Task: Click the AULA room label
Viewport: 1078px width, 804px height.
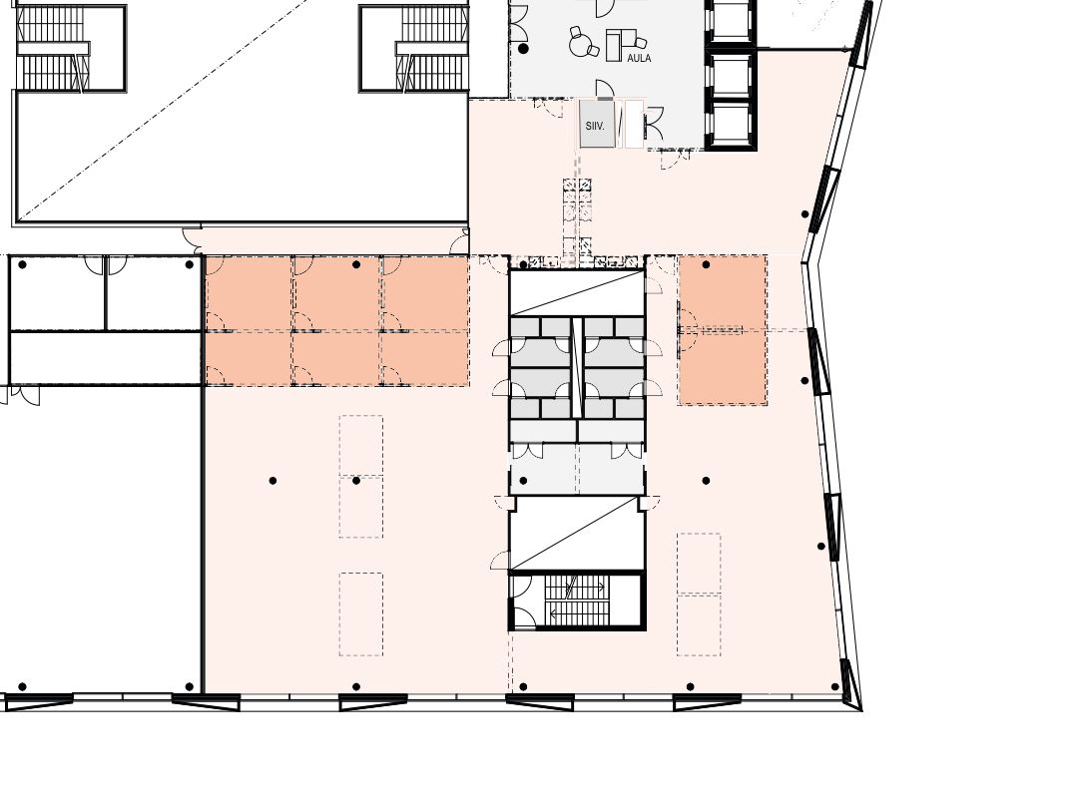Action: point(639,59)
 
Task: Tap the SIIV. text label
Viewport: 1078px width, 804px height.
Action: point(595,127)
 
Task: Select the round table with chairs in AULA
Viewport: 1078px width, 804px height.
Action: point(584,43)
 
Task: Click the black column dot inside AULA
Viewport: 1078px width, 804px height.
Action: point(524,49)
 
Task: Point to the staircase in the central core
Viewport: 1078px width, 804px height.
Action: point(577,600)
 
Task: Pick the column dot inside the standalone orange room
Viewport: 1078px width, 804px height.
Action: point(706,264)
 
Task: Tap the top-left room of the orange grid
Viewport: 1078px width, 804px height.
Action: point(249,293)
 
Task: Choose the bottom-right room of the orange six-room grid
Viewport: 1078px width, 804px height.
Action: point(425,358)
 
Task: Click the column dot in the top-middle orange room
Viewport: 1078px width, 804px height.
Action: point(356,264)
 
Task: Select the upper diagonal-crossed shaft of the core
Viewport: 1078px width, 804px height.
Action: point(577,292)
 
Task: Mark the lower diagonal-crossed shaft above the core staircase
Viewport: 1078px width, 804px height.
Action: point(577,534)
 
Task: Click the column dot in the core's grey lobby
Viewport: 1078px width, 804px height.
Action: point(524,481)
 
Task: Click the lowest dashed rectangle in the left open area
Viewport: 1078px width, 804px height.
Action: point(361,614)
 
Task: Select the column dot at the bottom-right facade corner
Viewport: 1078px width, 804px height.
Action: point(835,686)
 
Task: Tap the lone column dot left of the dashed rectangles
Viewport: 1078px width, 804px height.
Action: point(272,481)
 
